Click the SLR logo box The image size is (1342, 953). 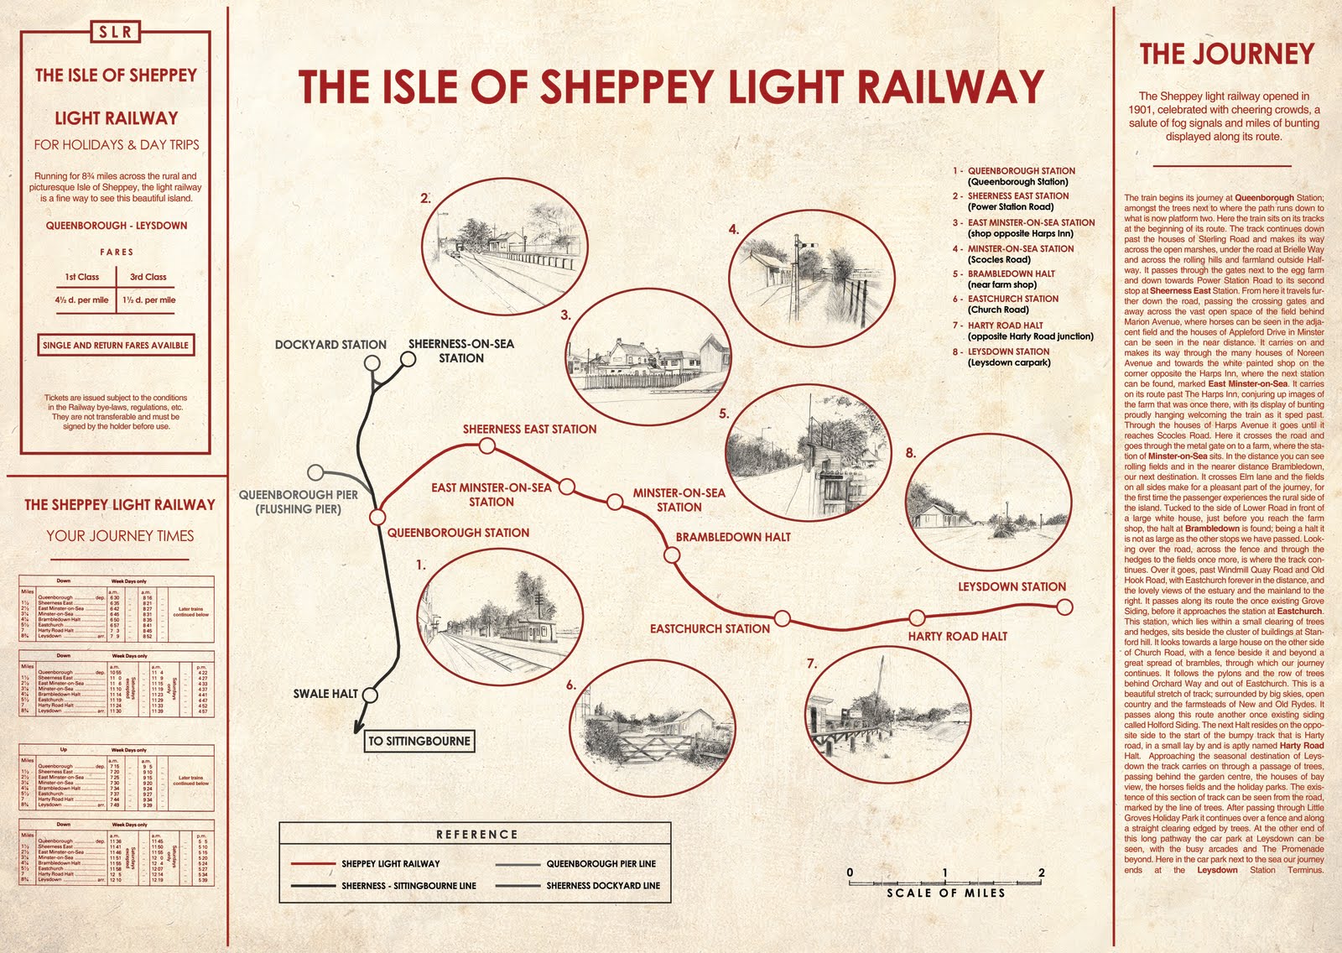pos(115,32)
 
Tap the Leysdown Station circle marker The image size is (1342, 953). pos(1064,607)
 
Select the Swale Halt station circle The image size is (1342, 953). pos(370,695)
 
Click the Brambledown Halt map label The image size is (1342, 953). pos(733,537)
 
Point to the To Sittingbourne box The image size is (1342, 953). pos(419,742)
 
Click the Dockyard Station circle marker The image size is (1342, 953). pos(372,362)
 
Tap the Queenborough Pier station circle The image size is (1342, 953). pos(315,472)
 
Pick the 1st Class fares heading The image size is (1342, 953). pos(82,277)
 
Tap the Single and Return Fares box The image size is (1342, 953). pos(116,345)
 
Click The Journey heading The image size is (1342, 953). pos(1226,55)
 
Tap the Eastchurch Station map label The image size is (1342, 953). pos(710,628)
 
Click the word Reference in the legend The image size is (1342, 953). pos(476,835)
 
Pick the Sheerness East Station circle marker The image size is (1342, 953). pos(486,445)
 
